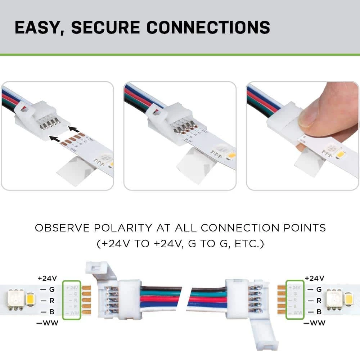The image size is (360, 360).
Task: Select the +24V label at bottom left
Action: point(47,278)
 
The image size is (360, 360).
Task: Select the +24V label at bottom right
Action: point(314,278)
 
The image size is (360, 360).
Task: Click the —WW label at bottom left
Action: point(48,323)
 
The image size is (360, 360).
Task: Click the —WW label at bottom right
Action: point(315,323)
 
